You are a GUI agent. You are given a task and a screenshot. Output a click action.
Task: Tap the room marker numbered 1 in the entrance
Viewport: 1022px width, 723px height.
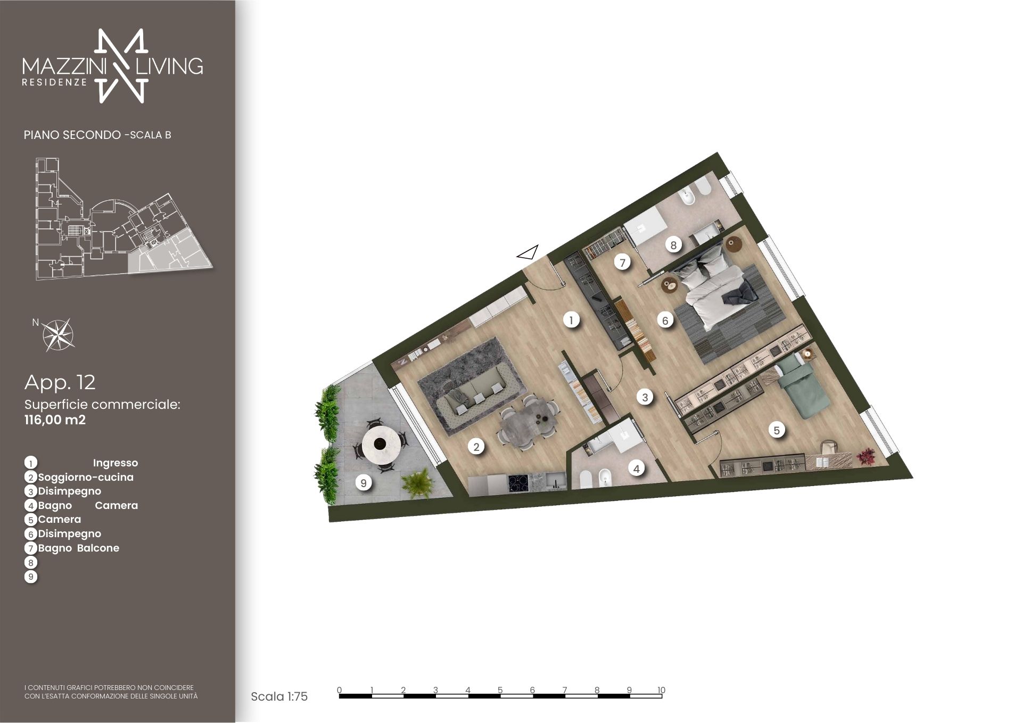coord(571,320)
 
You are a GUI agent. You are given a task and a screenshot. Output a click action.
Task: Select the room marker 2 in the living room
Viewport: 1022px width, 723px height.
coord(476,447)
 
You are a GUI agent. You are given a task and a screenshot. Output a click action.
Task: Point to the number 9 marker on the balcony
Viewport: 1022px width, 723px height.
coord(364,483)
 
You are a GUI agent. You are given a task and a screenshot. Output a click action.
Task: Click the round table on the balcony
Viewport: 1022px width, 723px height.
coord(381,442)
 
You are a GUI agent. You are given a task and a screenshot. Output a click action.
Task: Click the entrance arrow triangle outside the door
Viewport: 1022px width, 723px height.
coord(528,253)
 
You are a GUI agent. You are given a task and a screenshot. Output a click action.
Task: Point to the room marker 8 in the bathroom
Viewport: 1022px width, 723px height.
coord(673,245)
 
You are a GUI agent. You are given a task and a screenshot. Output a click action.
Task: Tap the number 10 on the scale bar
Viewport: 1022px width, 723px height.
coord(661,690)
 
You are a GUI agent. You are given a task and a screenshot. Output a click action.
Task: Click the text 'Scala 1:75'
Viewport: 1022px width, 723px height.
coord(279,696)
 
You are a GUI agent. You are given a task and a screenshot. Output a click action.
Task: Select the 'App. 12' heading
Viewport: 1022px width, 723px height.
coord(60,382)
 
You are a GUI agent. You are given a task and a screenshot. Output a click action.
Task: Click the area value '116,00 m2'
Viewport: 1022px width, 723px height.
coord(55,420)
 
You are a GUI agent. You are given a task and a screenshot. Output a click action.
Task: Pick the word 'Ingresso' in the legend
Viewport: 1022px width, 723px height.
coord(116,463)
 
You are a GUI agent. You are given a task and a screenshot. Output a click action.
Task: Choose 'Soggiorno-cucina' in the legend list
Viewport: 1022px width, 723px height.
coord(86,477)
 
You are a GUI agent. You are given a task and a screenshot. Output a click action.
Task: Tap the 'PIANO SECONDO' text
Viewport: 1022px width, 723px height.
coord(72,135)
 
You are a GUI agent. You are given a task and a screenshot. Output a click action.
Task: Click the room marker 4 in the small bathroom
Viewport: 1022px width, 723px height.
coord(636,469)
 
